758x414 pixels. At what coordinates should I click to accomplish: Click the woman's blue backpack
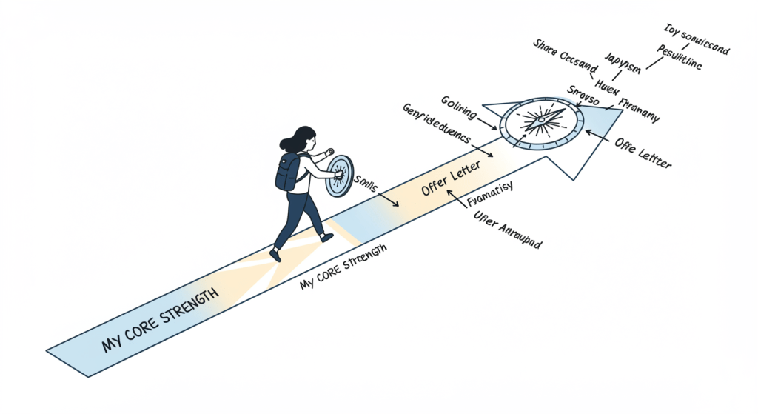[286, 172]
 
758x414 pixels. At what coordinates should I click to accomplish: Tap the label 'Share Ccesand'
[563, 55]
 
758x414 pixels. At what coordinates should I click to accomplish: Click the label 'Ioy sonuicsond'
[696, 40]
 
